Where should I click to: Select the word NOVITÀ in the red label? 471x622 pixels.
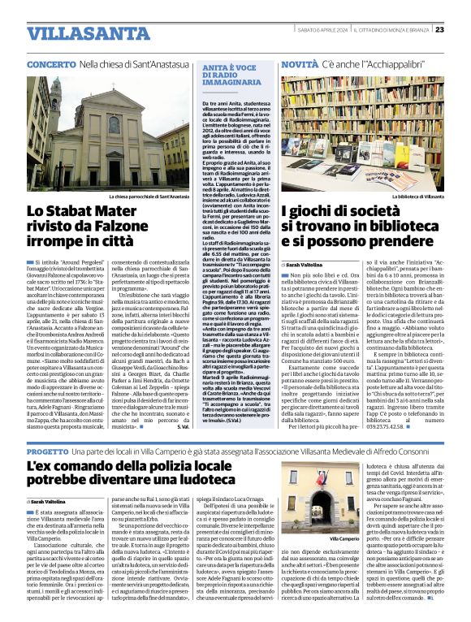point(300,63)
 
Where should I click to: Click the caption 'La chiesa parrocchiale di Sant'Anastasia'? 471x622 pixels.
point(150,197)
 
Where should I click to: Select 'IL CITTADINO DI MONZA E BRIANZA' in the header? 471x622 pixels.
point(394,30)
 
